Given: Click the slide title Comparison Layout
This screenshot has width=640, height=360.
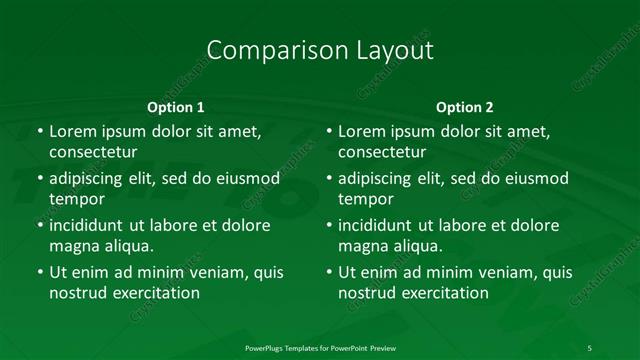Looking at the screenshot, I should click(x=320, y=49).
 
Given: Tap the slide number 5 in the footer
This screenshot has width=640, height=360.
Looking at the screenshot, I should click(x=590, y=347).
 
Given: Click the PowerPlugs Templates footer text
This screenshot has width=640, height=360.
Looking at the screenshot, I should click(x=319, y=347).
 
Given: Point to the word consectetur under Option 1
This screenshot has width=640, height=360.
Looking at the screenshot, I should click(x=93, y=153).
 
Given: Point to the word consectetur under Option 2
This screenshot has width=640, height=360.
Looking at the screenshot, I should click(x=383, y=153).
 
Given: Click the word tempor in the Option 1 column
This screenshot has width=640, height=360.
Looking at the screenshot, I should click(x=77, y=199).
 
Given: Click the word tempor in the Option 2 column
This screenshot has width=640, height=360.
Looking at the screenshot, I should click(x=367, y=199).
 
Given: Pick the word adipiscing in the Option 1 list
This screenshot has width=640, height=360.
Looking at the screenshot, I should click(x=89, y=179).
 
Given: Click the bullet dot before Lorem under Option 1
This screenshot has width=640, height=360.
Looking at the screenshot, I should click(x=39, y=132).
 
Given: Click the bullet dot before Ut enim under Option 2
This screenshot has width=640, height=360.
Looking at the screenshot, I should click(x=329, y=272).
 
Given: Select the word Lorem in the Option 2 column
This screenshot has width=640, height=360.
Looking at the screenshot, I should click(x=361, y=131).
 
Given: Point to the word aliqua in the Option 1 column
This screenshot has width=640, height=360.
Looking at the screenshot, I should click(x=129, y=246).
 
